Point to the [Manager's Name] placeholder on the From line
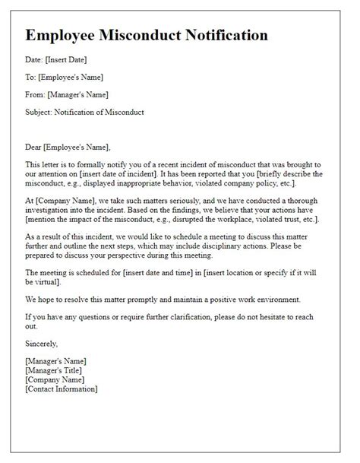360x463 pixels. click(76, 95)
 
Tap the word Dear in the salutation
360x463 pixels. click(35, 147)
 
